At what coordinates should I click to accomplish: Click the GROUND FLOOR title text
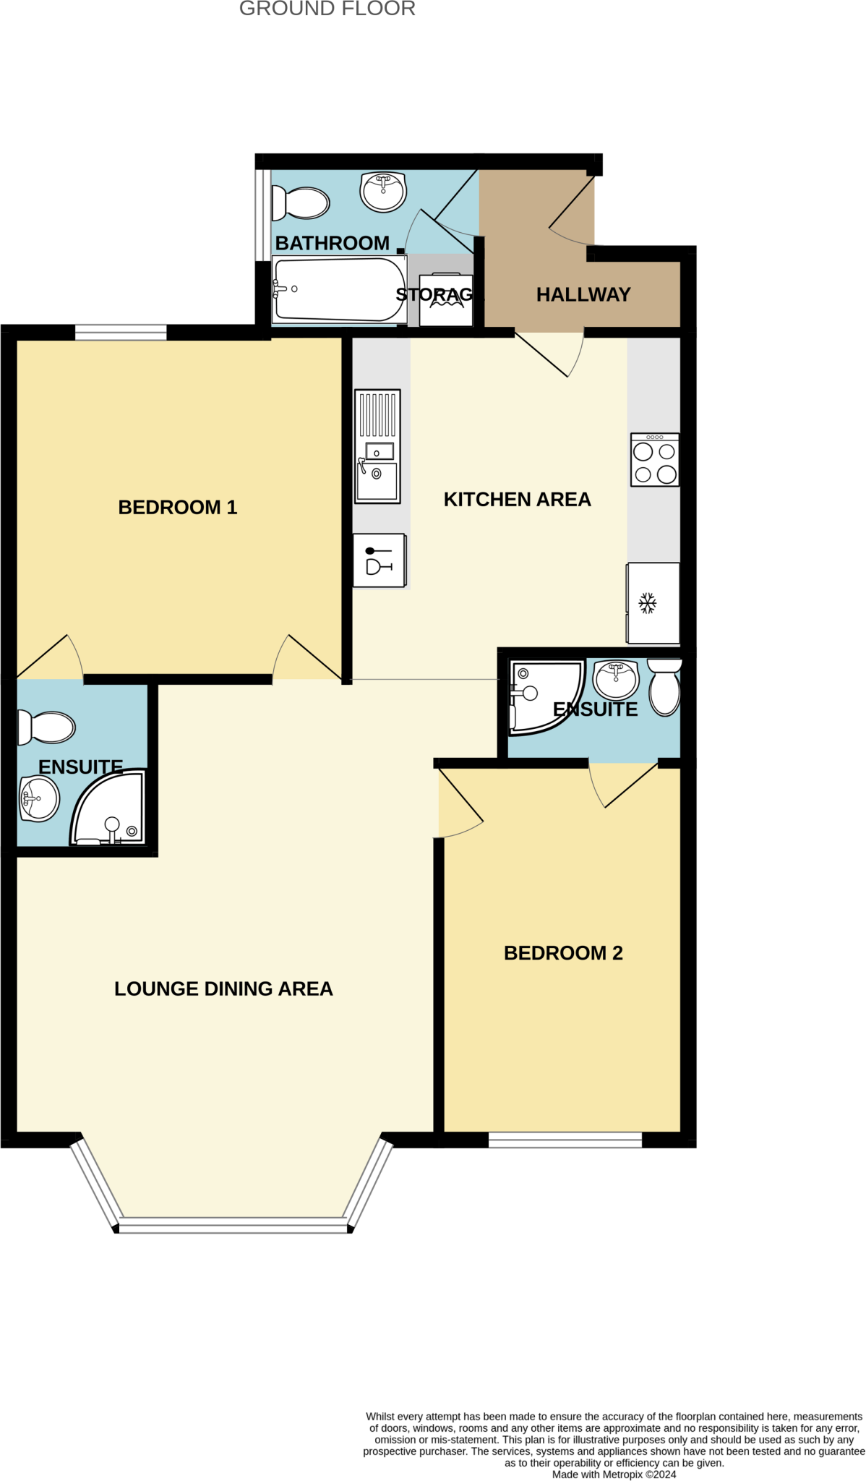point(327,9)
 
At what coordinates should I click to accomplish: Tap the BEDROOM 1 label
point(177,507)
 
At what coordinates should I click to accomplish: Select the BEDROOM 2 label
point(563,952)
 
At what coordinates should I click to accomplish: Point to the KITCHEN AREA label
point(517,499)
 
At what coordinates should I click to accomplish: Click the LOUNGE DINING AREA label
point(223,989)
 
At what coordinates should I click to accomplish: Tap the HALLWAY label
point(583,294)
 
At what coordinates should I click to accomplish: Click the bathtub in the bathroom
point(339,289)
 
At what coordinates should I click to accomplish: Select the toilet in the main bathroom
point(300,203)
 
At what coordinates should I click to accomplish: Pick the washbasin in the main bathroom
point(383,192)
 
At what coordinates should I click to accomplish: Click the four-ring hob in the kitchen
point(654,460)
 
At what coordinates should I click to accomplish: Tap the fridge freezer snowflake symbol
point(647,602)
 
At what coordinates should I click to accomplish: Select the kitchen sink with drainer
point(377,446)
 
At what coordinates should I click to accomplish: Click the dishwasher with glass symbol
point(379,560)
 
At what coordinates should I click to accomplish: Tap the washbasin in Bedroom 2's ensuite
point(615,678)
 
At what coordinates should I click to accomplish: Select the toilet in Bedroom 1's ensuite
point(46,727)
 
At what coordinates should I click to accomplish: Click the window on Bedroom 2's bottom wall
point(565,1140)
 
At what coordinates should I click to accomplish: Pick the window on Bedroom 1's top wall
point(121,333)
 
